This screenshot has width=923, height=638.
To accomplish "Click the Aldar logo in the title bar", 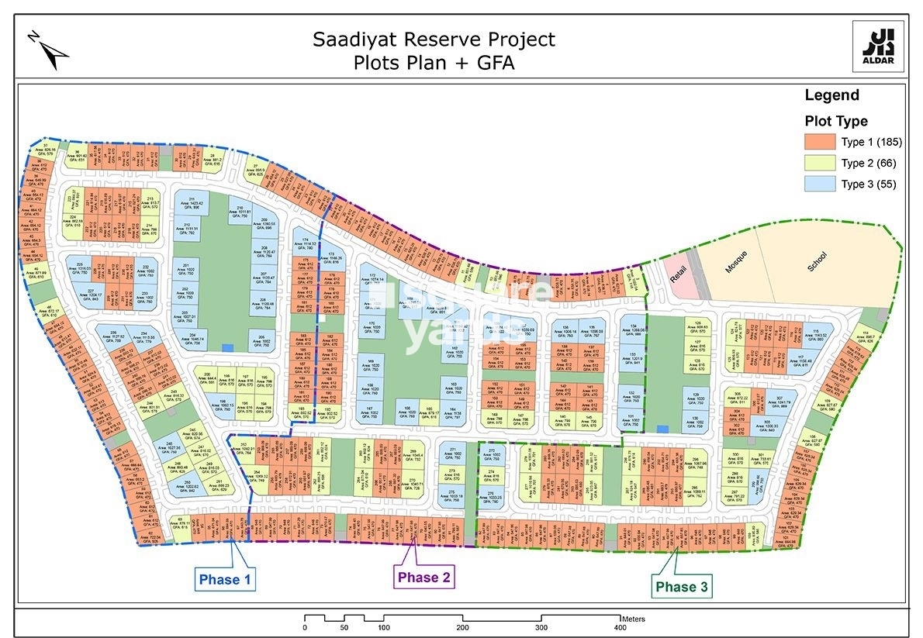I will tap(877, 47).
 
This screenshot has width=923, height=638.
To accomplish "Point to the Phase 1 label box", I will tap(224, 579).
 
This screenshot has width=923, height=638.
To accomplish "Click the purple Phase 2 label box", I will tap(423, 578).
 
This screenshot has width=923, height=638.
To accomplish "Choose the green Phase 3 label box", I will tap(681, 587).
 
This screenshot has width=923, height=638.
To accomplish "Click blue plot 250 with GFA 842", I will tap(188, 486).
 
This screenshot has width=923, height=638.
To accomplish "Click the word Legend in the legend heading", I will tap(831, 95).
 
